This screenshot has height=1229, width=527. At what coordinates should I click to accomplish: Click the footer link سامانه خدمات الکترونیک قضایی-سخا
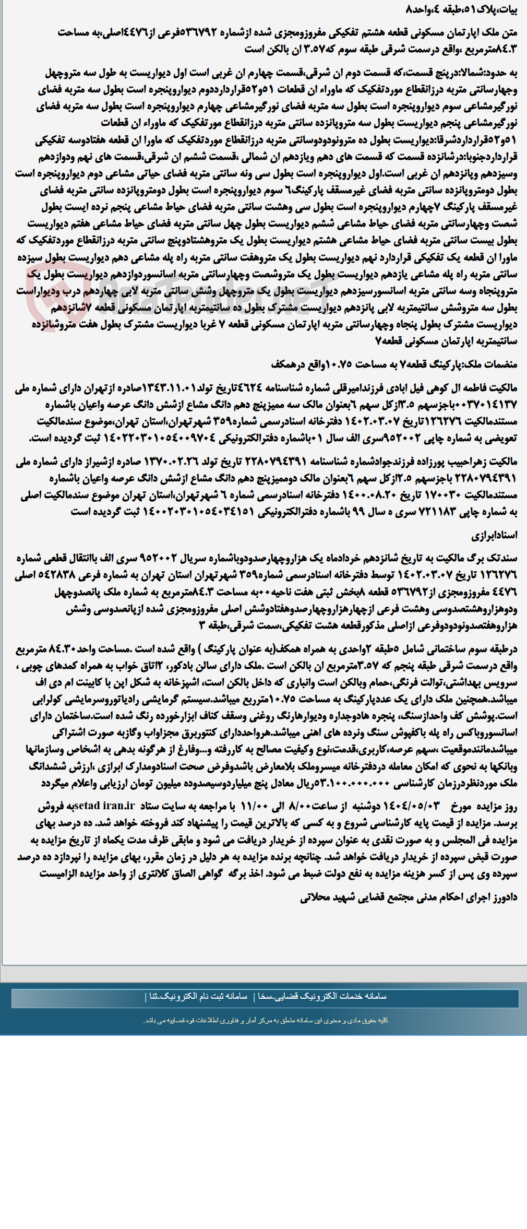click(x=322, y=996)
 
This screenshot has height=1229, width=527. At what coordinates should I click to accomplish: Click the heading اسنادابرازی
click(x=495, y=535)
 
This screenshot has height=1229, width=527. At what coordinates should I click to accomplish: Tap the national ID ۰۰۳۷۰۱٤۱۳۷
click(x=493, y=405)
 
